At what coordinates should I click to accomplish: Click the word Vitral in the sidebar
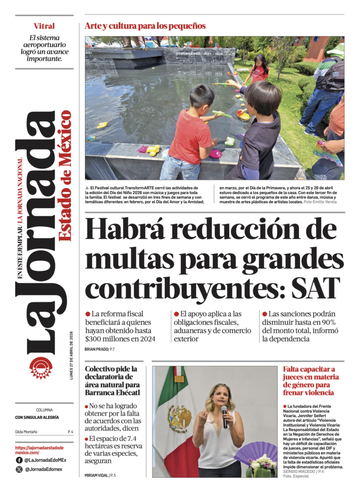[x=44, y=26]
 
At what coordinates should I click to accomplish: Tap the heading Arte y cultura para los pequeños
[x=145, y=26]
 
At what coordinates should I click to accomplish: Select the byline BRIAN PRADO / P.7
[x=99, y=349]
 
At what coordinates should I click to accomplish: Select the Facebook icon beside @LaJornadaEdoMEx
[x=19, y=460]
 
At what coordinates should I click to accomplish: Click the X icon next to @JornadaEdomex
[x=19, y=469]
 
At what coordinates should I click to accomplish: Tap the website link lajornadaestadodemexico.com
[x=39, y=450]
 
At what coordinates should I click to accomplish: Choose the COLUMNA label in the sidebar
[x=44, y=410]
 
